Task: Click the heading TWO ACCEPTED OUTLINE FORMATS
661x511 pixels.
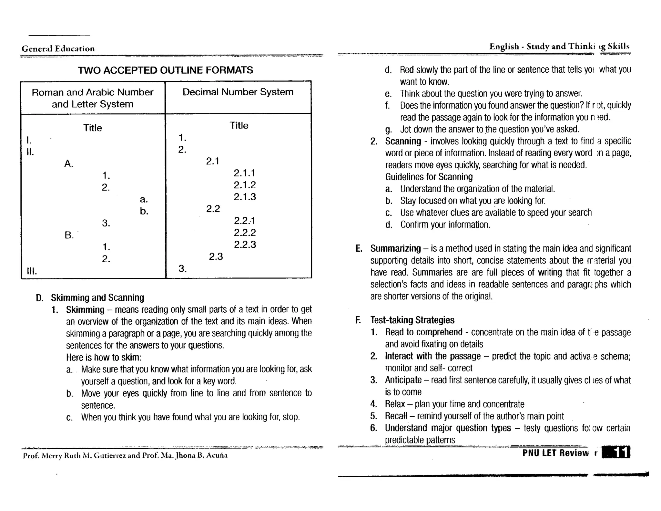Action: [x=165, y=70]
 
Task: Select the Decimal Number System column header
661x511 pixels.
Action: [x=238, y=92]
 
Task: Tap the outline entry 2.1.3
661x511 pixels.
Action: [x=245, y=197]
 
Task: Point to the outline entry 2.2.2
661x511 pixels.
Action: [x=245, y=233]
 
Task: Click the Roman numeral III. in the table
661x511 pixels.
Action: [x=32, y=271]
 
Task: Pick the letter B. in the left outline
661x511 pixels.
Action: [x=69, y=235]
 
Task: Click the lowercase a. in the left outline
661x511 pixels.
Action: [x=144, y=200]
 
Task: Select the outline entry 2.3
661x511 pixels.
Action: [x=216, y=256]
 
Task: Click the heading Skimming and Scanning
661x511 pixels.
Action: [x=97, y=297]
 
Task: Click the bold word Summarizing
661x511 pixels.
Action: [x=395, y=248]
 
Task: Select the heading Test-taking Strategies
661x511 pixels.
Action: [x=412, y=320]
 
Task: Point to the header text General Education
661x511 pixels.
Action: [x=58, y=49]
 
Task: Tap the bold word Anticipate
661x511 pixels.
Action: [x=403, y=380]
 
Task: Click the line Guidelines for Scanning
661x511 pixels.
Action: [x=429, y=177]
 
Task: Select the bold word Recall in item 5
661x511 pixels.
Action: [x=396, y=416]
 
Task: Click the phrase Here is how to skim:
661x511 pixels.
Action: [x=104, y=357]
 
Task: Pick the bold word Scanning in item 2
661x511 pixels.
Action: [x=403, y=141]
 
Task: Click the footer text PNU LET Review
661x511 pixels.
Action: [x=555, y=453]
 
